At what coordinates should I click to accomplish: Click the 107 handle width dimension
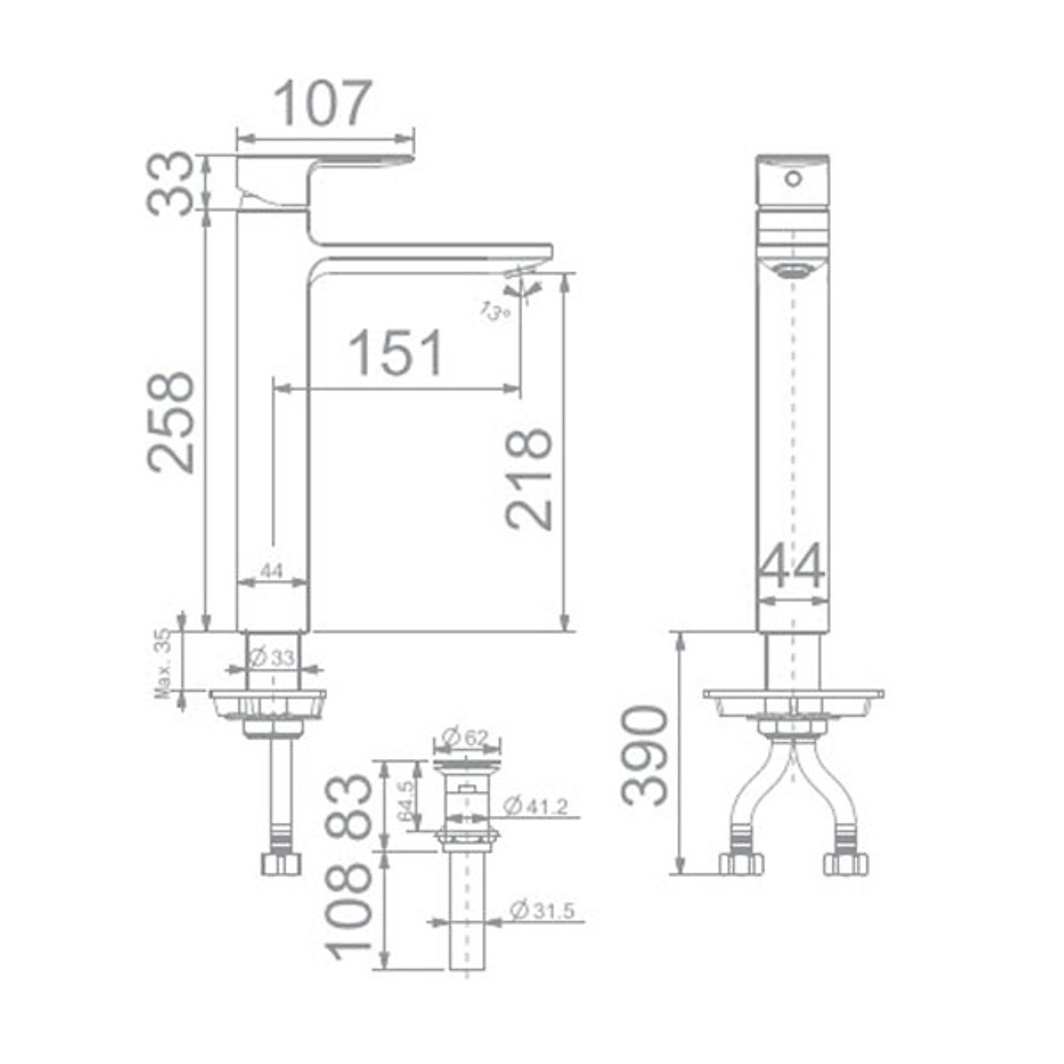point(323,104)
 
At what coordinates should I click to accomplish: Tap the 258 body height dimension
point(171,422)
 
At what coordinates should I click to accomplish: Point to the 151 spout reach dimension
point(395,353)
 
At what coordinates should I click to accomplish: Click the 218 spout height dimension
point(529,480)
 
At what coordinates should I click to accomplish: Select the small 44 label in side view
point(271,572)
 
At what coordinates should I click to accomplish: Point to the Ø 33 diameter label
point(271,658)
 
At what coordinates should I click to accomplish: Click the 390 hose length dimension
point(645,755)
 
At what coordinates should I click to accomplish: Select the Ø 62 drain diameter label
point(465,737)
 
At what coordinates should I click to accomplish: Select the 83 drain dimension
point(348,806)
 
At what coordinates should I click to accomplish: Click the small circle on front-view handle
point(794,178)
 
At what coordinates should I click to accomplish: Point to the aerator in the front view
point(791,270)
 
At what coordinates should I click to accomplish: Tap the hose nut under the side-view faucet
point(281,863)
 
